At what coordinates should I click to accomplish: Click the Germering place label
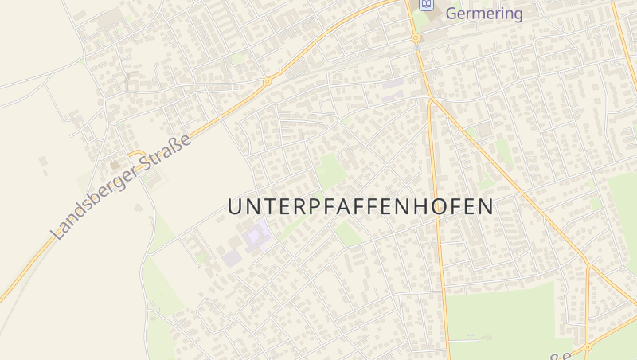(x=484, y=14)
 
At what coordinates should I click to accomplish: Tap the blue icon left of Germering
(x=427, y=5)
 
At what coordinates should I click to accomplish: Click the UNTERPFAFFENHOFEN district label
(x=360, y=206)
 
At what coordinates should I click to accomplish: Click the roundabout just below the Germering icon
(x=415, y=37)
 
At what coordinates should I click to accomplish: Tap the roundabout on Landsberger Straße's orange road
(x=268, y=81)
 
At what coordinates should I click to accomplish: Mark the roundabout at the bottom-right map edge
(x=587, y=347)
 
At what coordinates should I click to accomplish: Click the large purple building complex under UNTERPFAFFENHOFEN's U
(x=256, y=236)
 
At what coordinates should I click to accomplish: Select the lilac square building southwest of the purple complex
(x=230, y=257)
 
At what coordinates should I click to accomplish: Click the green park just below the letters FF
(x=347, y=233)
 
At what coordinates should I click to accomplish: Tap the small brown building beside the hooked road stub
(x=115, y=165)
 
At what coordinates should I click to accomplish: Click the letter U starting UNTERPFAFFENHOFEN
(x=234, y=206)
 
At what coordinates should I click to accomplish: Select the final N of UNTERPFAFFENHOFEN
(x=486, y=206)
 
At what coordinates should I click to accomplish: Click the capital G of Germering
(x=452, y=14)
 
